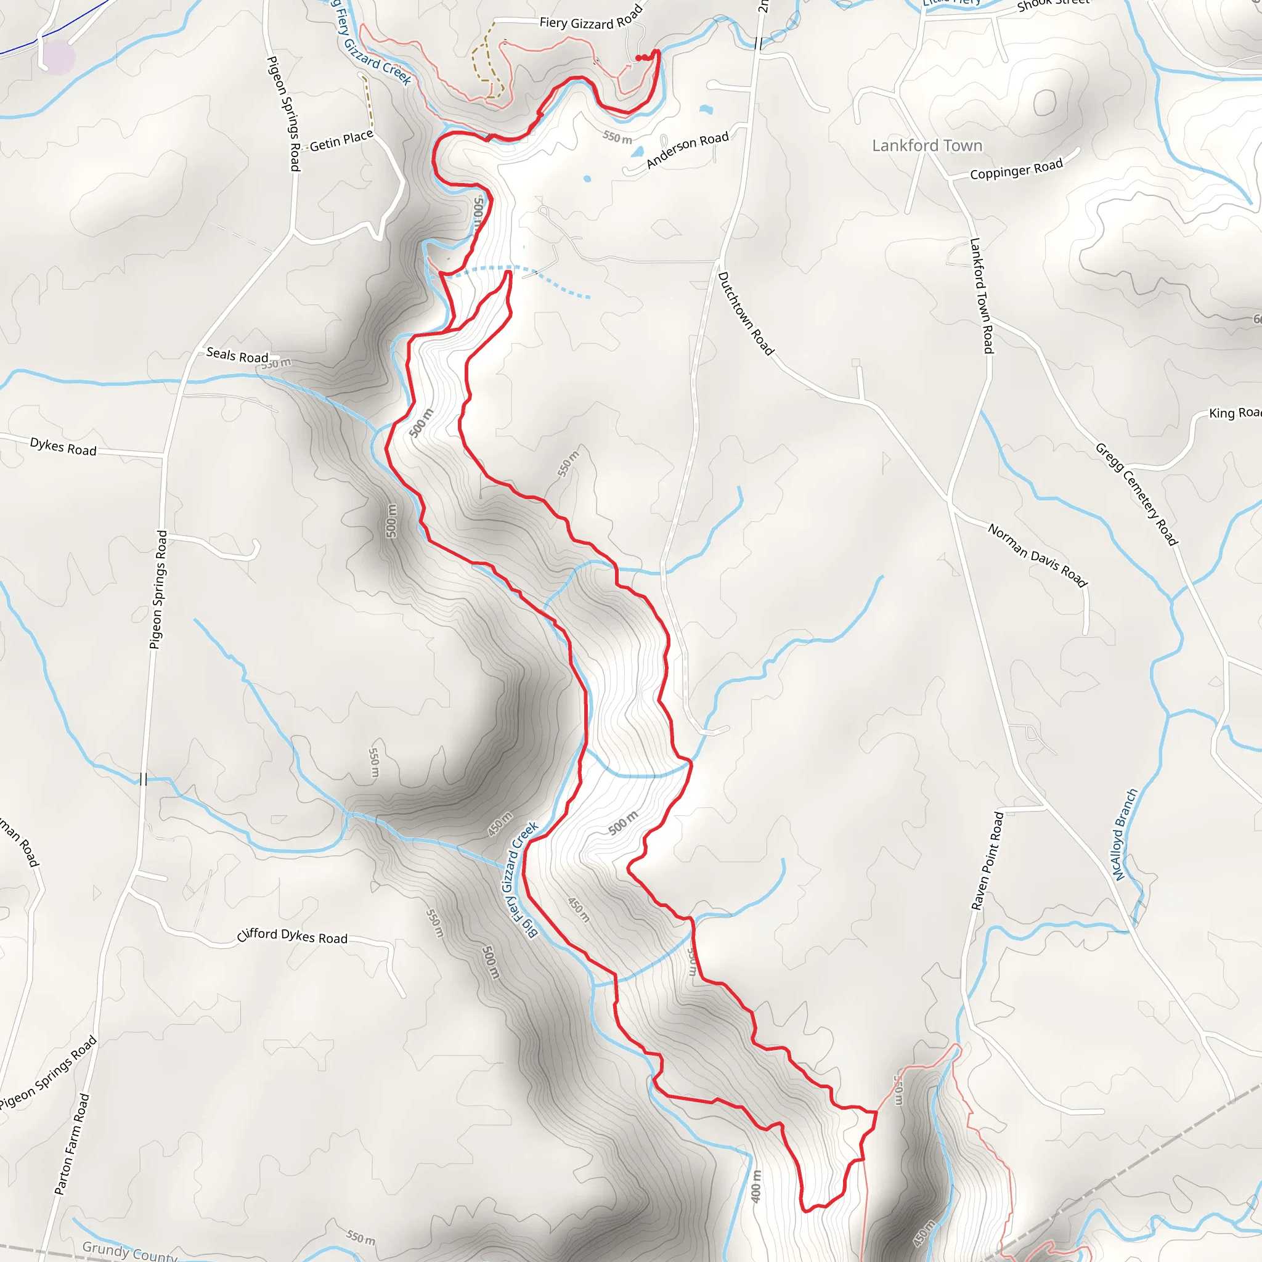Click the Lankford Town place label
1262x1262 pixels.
coord(927,145)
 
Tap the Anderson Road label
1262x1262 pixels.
coord(687,150)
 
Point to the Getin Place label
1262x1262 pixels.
coord(341,140)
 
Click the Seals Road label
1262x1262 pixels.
coord(237,356)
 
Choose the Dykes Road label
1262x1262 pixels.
coord(63,447)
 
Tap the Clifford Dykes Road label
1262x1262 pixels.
coord(292,936)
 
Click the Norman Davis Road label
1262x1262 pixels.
coord(1036,556)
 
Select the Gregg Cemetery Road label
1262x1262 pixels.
coord(1136,494)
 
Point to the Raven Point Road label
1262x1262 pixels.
coord(988,861)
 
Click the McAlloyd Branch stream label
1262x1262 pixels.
coord(1125,836)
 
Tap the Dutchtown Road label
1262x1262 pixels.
coord(746,314)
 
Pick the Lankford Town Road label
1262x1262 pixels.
coord(981,296)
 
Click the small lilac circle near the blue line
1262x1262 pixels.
coord(58,57)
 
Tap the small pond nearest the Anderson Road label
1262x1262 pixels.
coord(638,153)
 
